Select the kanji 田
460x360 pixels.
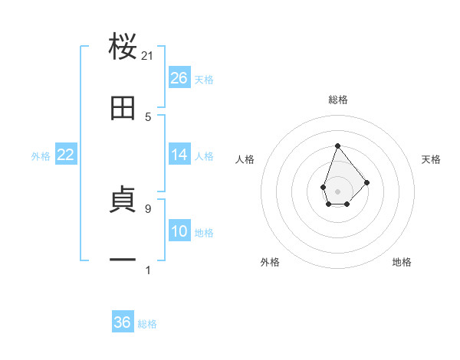[123, 109]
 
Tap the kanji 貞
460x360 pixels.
[123, 201]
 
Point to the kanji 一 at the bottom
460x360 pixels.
[123, 261]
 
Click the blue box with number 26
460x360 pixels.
[179, 78]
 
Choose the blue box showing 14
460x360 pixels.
[179, 155]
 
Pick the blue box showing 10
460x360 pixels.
[179, 231]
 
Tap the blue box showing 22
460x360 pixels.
[66, 155]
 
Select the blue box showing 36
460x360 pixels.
[123, 322]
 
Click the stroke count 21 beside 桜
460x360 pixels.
[148, 56]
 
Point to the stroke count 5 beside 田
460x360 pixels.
[148, 117]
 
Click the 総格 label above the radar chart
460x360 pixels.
[337, 100]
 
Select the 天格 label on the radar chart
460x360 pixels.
[431, 159]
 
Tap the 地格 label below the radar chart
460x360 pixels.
[402, 262]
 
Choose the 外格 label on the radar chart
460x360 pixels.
[270, 262]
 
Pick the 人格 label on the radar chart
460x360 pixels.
[245, 159]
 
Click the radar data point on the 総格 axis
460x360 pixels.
[337, 146]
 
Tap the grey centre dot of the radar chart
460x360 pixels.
[337, 191]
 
